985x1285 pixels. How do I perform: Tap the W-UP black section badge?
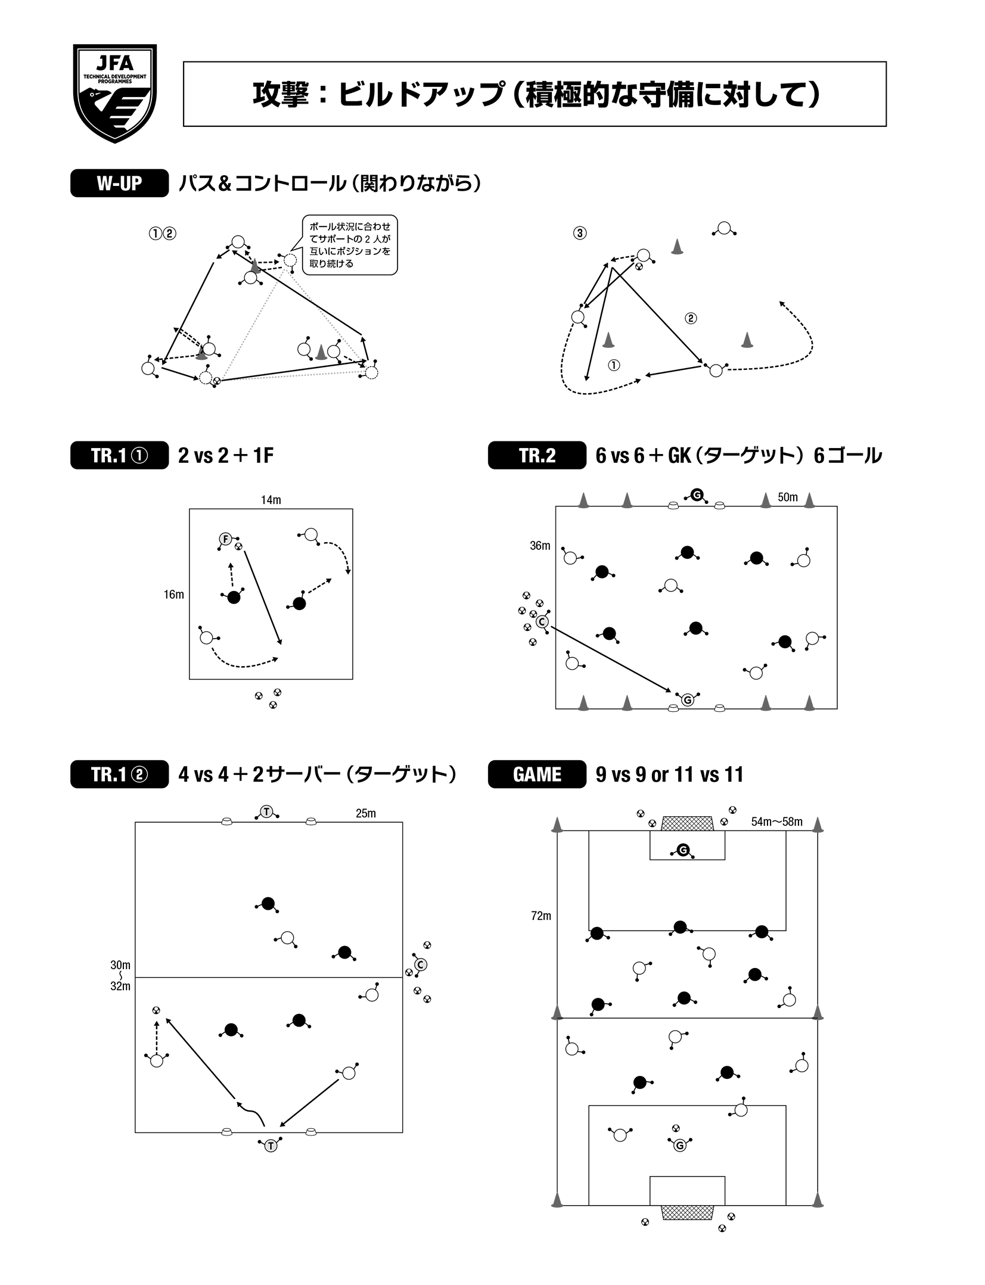(x=119, y=184)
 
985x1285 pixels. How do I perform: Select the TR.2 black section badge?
(x=536, y=456)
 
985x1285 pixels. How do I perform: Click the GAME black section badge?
(x=536, y=774)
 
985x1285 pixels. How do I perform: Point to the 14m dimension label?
(x=271, y=500)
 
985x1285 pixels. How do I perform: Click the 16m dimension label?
(x=174, y=595)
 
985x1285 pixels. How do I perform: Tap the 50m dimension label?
(x=787, y=497)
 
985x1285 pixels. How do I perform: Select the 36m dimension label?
(x=540, y=546)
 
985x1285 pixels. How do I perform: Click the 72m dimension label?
(x=541, y=916)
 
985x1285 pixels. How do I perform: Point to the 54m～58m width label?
(x=776, y=822)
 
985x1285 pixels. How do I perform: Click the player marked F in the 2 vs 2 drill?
(x=225, y=539)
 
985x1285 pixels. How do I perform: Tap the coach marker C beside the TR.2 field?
(x=542, y=622)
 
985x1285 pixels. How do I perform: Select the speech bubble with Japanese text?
(x=350, y=245)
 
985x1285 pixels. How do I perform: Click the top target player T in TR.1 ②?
(x=266, y=811)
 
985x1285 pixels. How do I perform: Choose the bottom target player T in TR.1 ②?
(x=271, y=1145)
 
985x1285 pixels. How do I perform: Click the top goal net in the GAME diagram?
(x=687, y=823)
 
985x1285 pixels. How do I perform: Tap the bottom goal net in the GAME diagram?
(x=687, y=1212)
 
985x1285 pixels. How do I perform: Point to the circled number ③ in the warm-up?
(x=580, y=234)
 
